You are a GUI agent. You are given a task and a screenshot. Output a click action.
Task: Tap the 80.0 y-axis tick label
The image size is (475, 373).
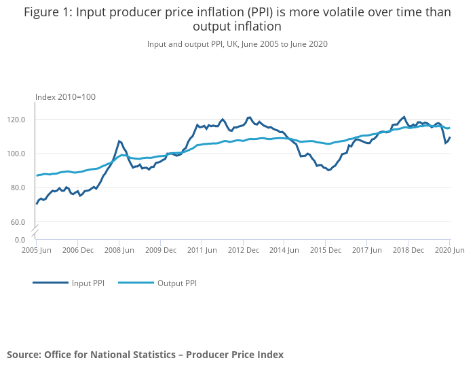(17, 188)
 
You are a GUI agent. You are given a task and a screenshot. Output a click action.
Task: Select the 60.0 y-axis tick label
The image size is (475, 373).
(17, 222)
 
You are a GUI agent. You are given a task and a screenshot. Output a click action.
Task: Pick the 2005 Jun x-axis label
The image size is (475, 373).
(37, 250)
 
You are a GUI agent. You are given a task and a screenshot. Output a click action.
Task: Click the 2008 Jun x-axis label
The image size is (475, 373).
(119, 250)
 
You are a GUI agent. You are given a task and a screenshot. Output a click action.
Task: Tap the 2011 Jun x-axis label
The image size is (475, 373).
(202, 250)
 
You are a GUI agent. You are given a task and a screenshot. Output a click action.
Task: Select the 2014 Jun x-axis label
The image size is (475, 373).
(284, 250)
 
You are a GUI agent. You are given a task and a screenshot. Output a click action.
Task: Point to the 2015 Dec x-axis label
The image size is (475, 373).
(325, 250)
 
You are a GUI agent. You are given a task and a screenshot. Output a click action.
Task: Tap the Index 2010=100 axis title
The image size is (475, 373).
(65, 97)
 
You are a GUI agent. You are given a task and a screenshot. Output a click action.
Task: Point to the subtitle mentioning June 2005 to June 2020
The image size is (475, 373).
(237, 43)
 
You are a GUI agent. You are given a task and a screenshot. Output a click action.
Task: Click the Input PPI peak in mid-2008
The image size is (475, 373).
(119, 141)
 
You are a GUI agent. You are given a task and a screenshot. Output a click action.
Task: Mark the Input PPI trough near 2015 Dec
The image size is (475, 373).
(329, 170)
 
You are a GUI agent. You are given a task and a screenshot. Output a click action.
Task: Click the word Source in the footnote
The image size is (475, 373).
(24, 355)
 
